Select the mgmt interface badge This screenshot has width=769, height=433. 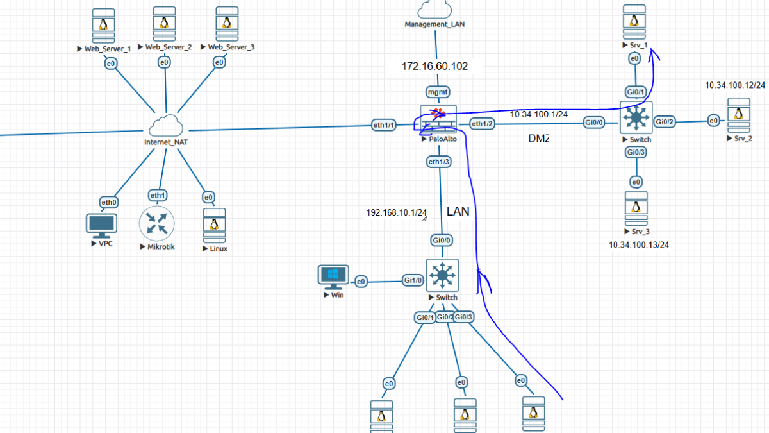point(438,92)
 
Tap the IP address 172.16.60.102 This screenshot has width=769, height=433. point(434,66)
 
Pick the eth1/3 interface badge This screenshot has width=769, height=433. point(438,162)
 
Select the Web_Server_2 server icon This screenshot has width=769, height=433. point(165,24)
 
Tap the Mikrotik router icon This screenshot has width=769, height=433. point(157,224)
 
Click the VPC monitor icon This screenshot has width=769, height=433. point(101,225)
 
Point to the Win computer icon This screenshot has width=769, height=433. point(333,276)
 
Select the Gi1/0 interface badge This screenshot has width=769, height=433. point(413,280)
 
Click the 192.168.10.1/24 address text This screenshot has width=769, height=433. point(396,212)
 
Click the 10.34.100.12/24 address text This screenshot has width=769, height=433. point(735,85)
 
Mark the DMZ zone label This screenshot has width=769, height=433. point(539,139)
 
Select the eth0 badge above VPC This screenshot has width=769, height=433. point(109,202)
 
